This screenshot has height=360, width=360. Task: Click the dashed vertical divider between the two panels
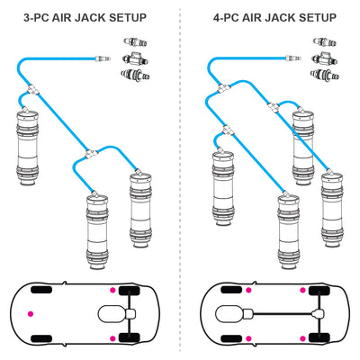[180, 180]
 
